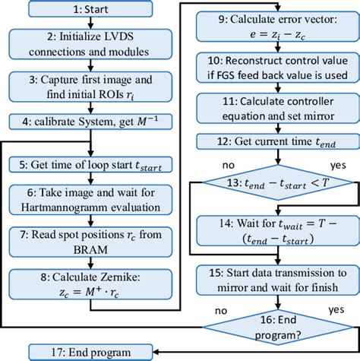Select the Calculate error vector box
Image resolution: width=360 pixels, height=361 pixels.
[x=271, y=27]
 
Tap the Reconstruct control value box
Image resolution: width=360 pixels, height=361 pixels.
[x=271, y=67]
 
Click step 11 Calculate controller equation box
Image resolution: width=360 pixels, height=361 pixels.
[x=271, y=107]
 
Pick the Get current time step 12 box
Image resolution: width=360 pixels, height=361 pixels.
[x=271, y=141]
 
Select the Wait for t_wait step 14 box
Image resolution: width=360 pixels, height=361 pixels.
[x=271, y=231]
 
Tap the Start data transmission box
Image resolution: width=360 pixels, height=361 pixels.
[x=271, y=278]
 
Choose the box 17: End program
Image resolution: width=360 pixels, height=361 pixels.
[x=91, y=352]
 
